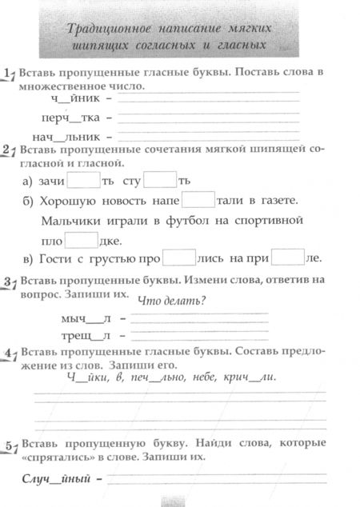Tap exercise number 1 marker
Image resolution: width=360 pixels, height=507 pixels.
coord(9,74)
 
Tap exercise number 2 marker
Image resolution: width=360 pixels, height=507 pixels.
coord(9,150)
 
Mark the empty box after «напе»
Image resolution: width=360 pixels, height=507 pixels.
coord(198,199)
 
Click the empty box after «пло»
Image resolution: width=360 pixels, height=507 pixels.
coord(80,239)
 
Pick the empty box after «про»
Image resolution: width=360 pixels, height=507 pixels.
coord(178,258)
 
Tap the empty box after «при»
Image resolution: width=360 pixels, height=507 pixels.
coord(289,258)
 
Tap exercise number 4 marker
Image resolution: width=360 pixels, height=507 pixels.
coord(9,353)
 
